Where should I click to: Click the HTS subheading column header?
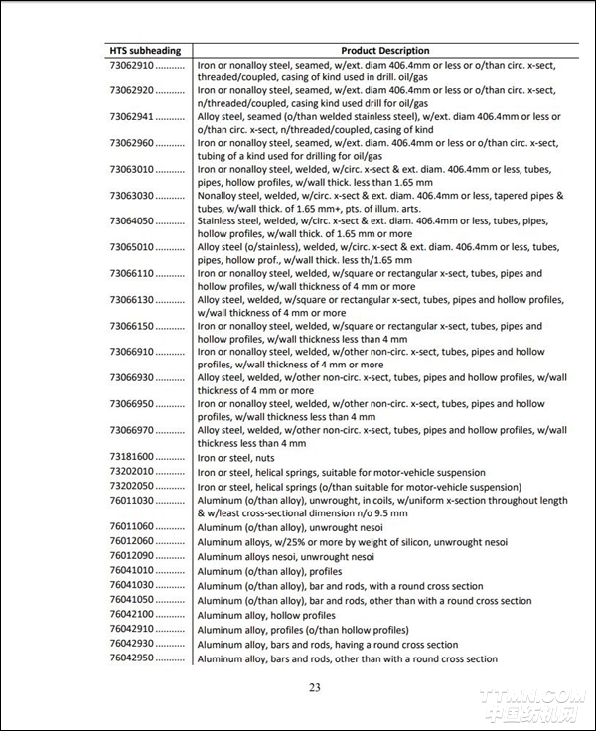click(146, 50)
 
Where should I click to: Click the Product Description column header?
click(384, 50)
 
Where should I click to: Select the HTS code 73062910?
click(130, 65)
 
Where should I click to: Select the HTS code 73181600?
click(130, 456)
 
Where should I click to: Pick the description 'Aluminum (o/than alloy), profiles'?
click(269, 571)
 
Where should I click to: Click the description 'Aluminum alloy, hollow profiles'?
click(266, 615)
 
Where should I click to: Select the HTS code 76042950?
click(130, 658)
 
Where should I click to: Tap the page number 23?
click(315, 688)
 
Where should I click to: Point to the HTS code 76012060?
click(130, 541)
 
